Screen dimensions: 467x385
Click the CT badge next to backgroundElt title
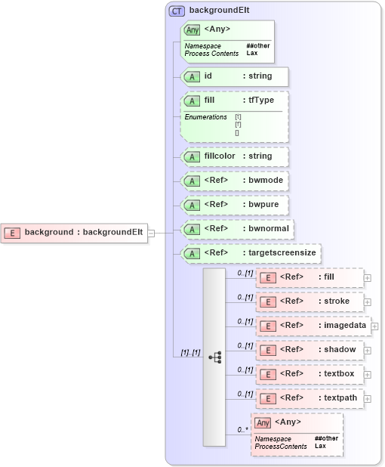click(x=177, y=11)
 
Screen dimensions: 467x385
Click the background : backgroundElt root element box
click(x=75, y=233)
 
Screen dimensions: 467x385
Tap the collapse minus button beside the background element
click(x=151, y=233)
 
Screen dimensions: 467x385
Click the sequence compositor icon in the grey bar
click(x=214, y=357)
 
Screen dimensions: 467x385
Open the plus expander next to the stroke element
click(x=368, y=302)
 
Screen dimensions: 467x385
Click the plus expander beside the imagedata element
click(x=374, y=326)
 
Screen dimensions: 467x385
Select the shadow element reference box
click(x=310, y=350)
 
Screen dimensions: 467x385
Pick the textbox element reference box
click(x=310, y=374)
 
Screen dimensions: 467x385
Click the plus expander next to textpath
click(x=368, y=398)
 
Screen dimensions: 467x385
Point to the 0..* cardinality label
click(x=242, y=430)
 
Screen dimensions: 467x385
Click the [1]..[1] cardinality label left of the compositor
click(x=189, y=353)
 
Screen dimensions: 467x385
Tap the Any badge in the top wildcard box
click(x=192, y=30)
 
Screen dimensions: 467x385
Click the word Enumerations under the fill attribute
click(x=205, y=117)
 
